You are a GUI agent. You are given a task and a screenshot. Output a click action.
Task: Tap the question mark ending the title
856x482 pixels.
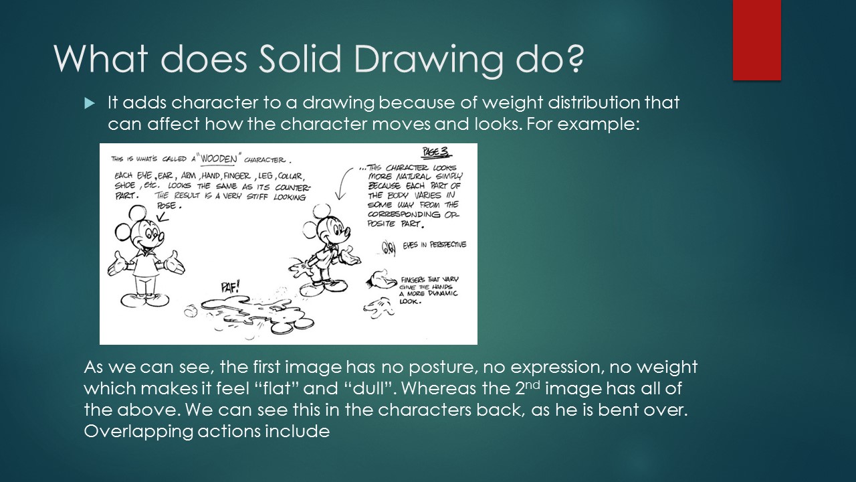click(x=572, y=60)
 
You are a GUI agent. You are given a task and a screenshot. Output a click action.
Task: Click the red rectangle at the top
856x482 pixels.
click(x=756, y=40)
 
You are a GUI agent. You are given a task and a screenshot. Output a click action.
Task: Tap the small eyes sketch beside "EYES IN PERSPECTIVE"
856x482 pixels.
click(x=388, y=248)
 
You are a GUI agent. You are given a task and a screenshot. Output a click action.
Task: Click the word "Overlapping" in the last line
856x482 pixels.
click(x=137, y=432)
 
